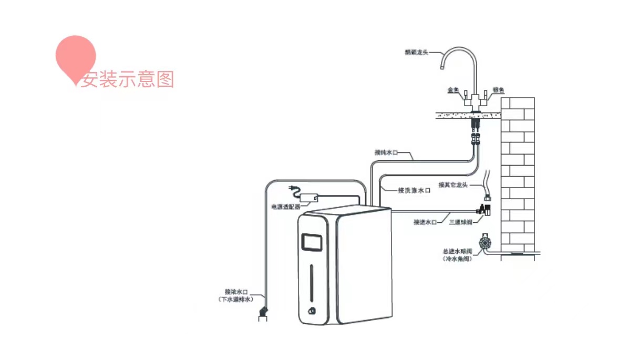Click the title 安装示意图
coord(127,79)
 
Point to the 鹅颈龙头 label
coord(417,52)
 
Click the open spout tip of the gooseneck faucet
coord(442,68)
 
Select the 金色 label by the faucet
coord(453,90)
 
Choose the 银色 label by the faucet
coord(498,90)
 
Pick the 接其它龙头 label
coord(452,184)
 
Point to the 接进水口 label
coord(425,222)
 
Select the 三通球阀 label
coord(460,222)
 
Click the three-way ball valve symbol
coord(485,210)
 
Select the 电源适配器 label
coord(285,207)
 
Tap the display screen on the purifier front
coord(312,242)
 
